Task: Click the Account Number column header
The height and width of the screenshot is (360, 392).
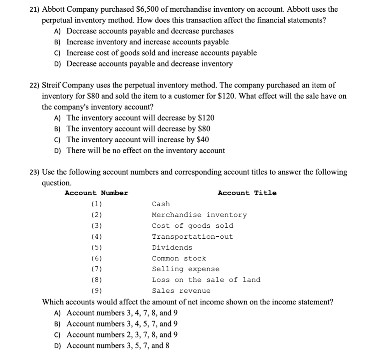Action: pyautogui.click(x=96, y=193)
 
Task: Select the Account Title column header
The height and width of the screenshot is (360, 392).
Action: pyautogui.click(x=247, y=193)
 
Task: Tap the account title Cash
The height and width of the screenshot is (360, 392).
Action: pyautogui.click(x=161, y=204)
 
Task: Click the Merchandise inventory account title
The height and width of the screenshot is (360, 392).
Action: pyautogui.click(x=199, y=215)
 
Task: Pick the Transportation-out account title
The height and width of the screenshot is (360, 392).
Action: pyautogui.click(x=192, y=237)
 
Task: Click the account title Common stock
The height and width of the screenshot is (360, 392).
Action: pyautogui.click(x=179, y=259)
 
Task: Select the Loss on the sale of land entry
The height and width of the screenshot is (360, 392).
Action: pyautogui.click(x=206, y=280)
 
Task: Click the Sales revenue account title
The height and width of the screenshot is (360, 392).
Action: pyautogui.click(x=181, y=291)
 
